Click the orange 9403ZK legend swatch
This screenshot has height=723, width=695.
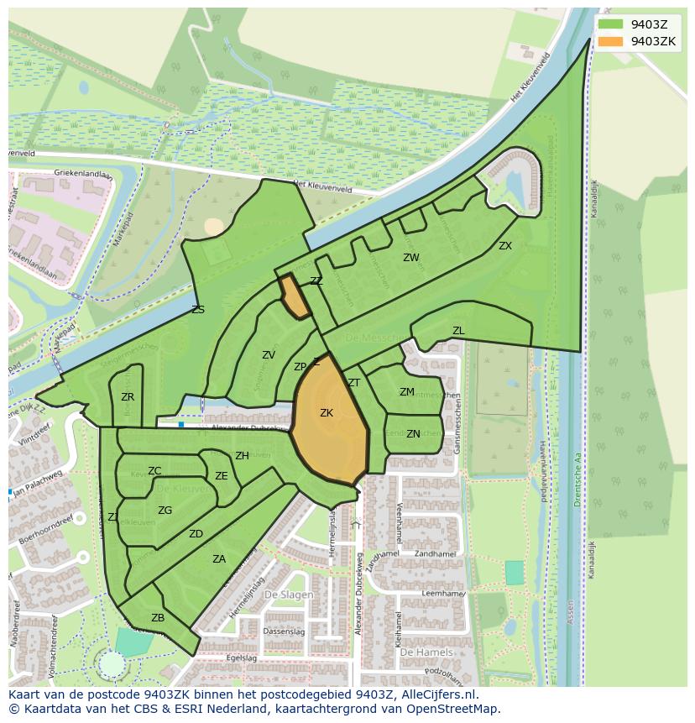tap(611, 41)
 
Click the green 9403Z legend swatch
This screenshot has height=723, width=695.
tap(611, 24)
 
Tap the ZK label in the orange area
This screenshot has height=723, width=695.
tap(327, 412)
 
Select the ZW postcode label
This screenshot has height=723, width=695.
tap(410, 258)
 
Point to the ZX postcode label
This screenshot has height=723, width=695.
tap(505, 246)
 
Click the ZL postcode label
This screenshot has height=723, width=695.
tap(458, 331)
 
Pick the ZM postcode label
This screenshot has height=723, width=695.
tap(407, 392)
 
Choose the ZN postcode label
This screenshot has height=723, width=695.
tap(413, 434)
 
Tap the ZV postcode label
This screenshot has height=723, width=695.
tap(269, 355)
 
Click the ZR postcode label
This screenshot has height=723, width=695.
tap(128, 397)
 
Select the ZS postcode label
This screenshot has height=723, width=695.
tap(198, 310)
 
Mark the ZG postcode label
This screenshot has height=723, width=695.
tap(165, 510)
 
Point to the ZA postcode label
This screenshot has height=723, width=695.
tap(219, 558)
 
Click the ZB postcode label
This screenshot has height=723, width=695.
tap(158, 618)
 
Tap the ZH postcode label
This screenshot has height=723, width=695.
tap(242, 456)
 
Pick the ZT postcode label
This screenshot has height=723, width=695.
tap(354, 383)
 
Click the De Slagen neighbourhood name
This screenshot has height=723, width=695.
tap(289, 595)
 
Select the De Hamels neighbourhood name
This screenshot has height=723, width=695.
tap(426, 652)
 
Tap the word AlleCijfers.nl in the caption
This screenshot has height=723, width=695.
tap(436, 694)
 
